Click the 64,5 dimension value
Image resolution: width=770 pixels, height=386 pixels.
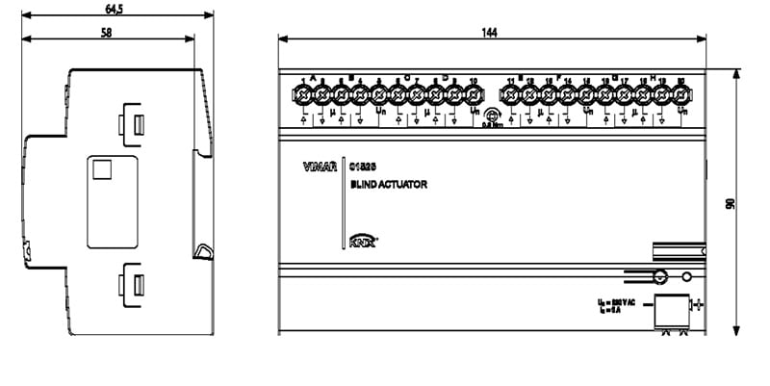[114, 10]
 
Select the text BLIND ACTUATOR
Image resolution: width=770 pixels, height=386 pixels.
[389, 184]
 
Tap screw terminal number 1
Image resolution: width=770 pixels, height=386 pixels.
[304, 95]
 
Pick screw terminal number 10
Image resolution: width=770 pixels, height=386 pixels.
[473, 95]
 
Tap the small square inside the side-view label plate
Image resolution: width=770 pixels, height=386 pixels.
[101, 170]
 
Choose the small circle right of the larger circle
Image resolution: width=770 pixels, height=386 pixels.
[686, 277]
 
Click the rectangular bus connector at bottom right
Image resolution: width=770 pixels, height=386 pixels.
[671, 313]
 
